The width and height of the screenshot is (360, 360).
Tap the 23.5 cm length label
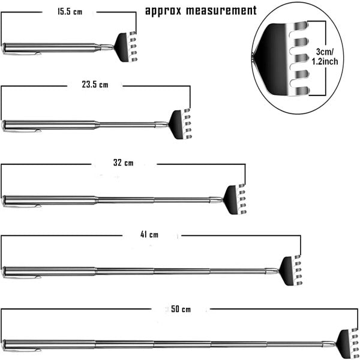click(x=95, y=85)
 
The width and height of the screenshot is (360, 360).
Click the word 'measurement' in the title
click(x=222, y=11)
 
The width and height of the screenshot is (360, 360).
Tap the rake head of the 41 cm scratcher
click(x=288, y=270)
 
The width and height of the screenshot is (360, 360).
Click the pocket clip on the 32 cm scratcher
click(x=24, y=206)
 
